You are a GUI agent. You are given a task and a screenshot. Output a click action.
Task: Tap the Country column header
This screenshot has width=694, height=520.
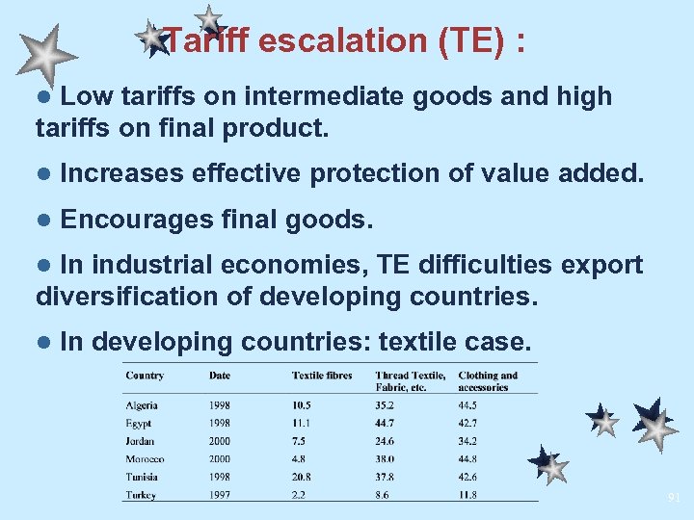[x=145, y=375]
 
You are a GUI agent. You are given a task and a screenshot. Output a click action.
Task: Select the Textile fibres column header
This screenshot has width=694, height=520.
[x=322, y=375]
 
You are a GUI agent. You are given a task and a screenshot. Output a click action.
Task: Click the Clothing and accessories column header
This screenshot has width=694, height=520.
[x=488, y=380]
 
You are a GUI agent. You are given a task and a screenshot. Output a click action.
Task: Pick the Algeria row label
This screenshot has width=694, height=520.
[x=142, y=405]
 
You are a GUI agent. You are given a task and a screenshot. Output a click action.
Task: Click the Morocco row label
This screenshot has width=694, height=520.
[x=145, y=459]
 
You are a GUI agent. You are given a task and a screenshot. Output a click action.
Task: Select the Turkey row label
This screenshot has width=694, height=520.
[x=141, y=495]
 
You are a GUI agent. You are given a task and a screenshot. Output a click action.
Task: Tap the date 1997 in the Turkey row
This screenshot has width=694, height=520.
[x=220, y=495]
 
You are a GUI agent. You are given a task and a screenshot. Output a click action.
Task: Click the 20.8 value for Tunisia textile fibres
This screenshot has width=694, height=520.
[x=302, y=477]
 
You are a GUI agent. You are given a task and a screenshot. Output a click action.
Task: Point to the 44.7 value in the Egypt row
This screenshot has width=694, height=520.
[x=386, y=423]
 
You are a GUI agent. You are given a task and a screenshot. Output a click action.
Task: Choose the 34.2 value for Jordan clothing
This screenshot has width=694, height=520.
[x=467, y=441]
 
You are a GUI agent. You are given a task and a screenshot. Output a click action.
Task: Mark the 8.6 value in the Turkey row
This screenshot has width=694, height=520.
[x=383, y=495]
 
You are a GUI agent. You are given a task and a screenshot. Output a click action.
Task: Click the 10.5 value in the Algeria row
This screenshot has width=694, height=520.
[x=302, y=405]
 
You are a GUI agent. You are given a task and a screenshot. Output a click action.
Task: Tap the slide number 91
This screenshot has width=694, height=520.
[x=674, y=498]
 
